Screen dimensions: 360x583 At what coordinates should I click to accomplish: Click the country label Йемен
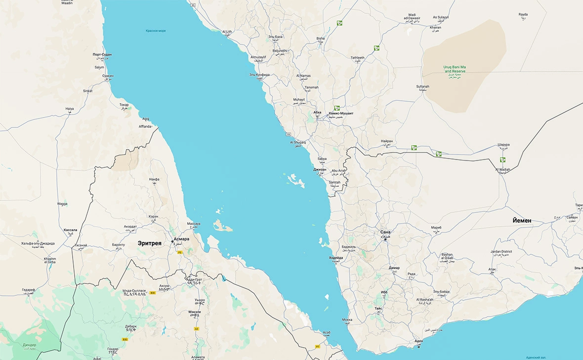tap(522, 220)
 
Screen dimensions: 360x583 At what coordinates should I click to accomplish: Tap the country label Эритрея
tap(150, 243)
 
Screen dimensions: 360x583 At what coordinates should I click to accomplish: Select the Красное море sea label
tap(156, 31)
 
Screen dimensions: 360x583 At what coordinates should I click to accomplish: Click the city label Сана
tap(385, 232)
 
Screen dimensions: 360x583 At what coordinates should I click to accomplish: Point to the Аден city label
tap(419, 341)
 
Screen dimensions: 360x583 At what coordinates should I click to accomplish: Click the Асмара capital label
tap(181, 239)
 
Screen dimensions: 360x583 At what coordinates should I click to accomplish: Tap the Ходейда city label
tap(336, 258)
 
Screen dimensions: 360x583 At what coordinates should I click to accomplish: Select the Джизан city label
tap(320, 169)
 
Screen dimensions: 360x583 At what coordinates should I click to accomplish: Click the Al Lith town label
tap(227, 32)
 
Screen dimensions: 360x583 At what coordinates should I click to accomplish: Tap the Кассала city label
tap(71, 230)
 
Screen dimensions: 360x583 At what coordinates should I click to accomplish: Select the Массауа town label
tap(194, 224)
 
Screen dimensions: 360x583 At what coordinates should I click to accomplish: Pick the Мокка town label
tap(347, 320)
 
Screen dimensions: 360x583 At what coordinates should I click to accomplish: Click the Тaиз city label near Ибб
tap(378, 308)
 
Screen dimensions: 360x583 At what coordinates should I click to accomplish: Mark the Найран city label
tap(387, 141)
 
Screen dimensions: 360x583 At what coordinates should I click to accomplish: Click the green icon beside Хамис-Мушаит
tap(336, 108)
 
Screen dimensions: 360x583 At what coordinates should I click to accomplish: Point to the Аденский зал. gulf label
tap(535, 357)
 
